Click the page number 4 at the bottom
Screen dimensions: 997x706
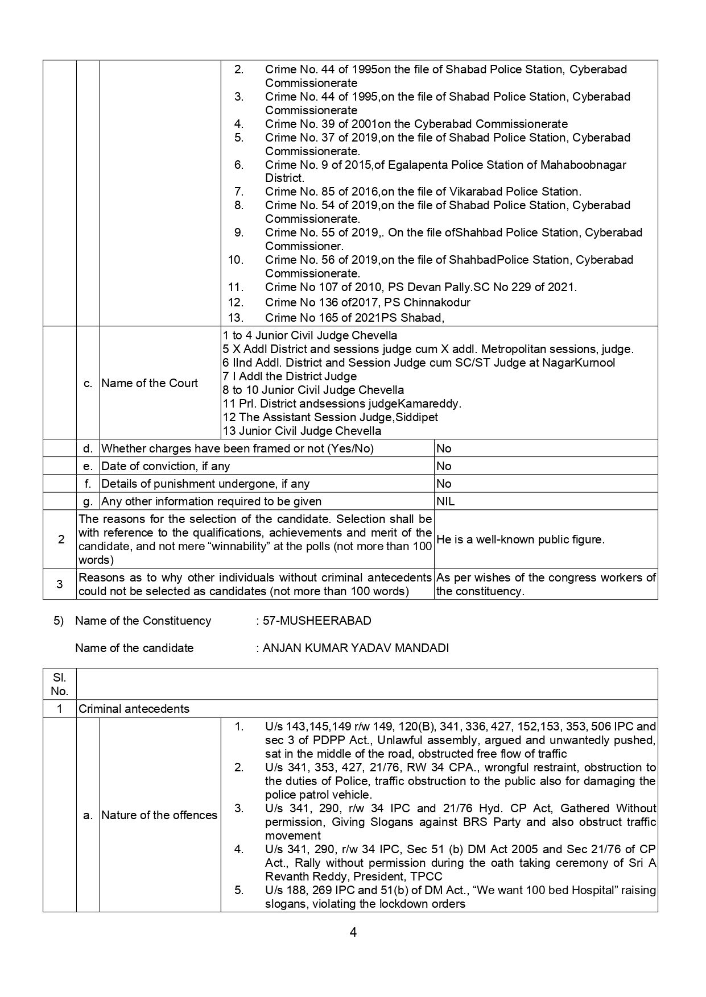353,932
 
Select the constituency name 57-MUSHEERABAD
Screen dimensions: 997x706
317,620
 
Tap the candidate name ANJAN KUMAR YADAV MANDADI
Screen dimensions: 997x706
356,647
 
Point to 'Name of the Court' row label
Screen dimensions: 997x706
150,383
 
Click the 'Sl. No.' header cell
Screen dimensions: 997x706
59,684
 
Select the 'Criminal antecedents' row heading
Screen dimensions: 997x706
134,709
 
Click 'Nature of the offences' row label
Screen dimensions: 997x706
159,815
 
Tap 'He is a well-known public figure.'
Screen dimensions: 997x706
521,539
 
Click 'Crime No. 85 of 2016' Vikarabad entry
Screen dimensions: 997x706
423,192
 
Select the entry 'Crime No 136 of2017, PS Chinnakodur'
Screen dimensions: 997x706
368,302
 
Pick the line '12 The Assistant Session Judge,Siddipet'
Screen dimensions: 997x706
330,417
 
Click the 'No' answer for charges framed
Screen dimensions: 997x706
444,448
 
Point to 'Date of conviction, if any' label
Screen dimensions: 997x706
166,466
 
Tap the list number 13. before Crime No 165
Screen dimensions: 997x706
236,318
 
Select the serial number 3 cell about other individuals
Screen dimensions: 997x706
60,584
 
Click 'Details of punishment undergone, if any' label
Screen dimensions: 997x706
205,484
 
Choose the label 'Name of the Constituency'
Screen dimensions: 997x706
143,620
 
